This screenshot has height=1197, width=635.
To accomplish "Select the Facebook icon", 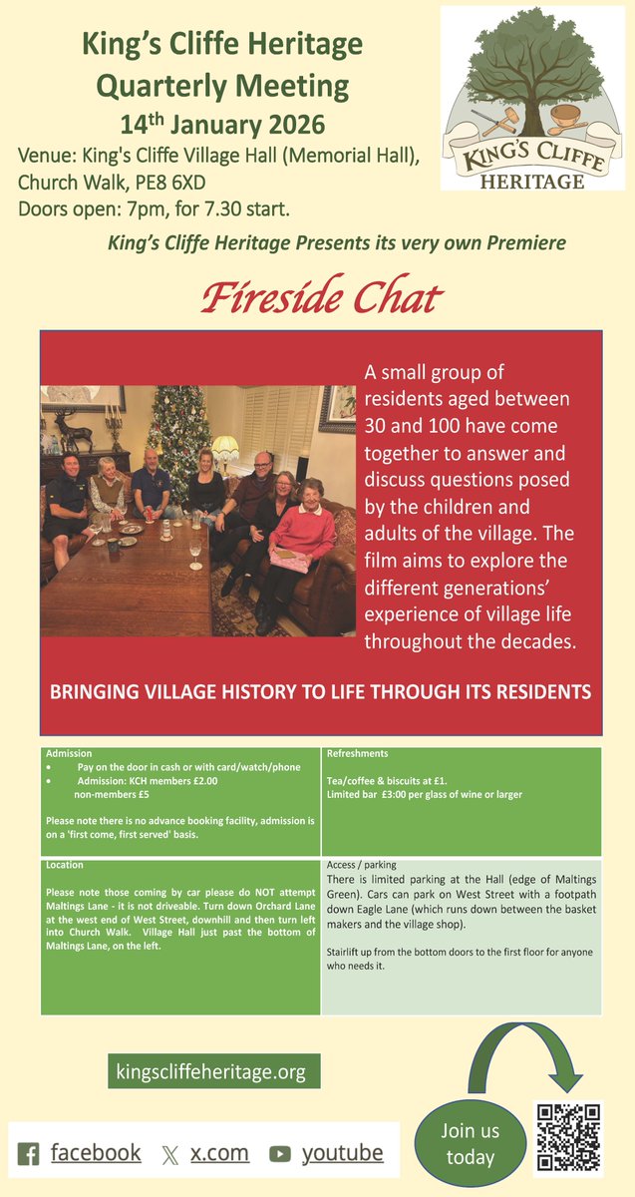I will tap(29, 1154).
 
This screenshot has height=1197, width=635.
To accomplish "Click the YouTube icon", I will tap(280, 1154).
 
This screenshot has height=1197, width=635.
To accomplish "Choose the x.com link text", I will tap(219, 1153).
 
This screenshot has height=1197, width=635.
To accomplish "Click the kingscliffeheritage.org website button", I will tap(214, 1072).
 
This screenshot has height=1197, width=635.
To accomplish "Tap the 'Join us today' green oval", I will tap(470, 1144).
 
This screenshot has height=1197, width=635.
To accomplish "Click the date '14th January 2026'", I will tap(222, 126).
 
